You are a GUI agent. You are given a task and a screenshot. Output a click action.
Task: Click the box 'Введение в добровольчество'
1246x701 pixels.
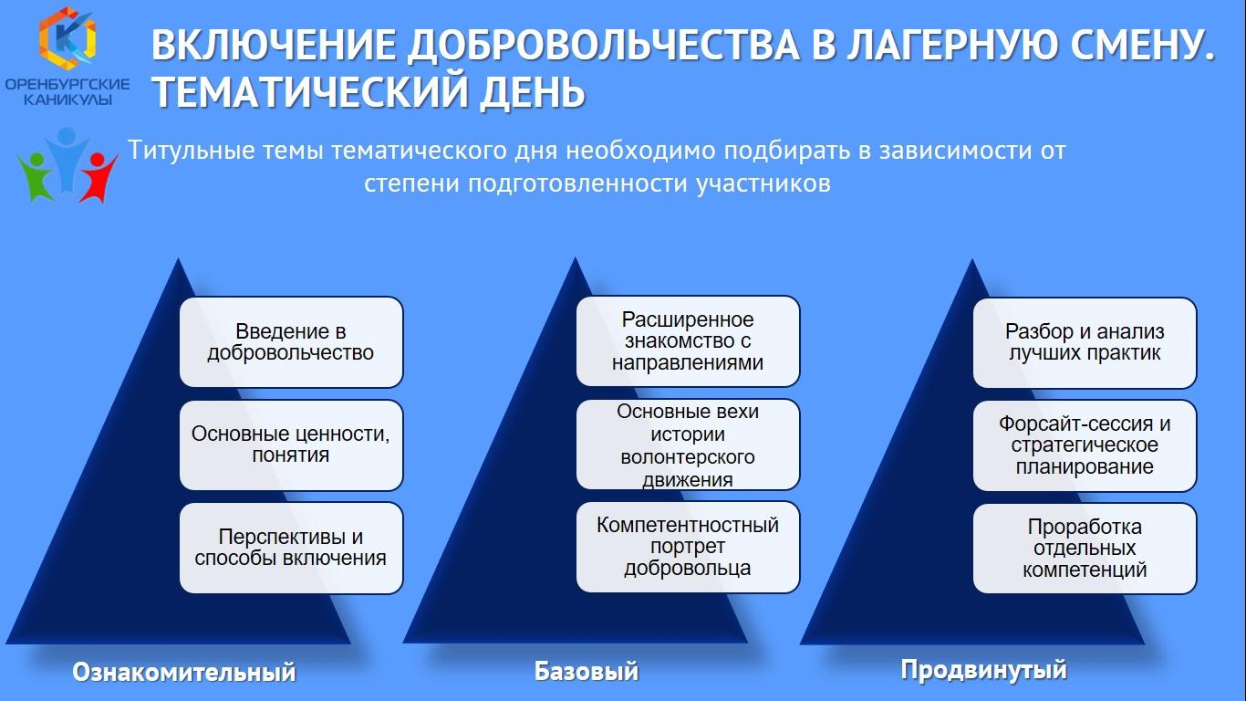pos(291,342)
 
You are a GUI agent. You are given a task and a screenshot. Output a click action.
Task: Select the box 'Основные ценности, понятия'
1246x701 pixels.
pos(291,445)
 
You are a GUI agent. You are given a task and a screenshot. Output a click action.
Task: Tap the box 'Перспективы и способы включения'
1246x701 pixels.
pos(291,548)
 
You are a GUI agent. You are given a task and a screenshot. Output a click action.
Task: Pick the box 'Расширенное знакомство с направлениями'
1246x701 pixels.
pos(688,340)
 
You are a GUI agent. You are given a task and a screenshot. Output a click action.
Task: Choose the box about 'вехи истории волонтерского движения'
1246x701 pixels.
pos(688,445)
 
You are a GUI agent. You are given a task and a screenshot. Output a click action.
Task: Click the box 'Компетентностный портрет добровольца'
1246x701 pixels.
pos(688,547)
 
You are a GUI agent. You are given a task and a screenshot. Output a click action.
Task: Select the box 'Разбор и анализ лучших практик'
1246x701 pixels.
pos(1085,342)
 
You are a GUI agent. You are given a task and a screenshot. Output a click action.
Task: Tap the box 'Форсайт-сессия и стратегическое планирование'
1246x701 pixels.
pos(1085,445)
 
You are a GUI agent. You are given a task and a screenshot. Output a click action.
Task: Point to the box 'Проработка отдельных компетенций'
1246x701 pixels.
pos(1085,549)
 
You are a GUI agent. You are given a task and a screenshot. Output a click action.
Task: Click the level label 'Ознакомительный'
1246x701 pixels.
pos(184,672)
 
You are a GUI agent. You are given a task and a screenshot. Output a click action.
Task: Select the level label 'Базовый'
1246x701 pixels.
pos(587,670)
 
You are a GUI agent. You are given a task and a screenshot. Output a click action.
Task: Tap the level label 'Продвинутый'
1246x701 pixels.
pos(983,669)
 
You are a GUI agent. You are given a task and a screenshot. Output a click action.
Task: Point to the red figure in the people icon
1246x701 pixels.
pos(98,176)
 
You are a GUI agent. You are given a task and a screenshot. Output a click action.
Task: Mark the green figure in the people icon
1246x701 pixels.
pos(36,176)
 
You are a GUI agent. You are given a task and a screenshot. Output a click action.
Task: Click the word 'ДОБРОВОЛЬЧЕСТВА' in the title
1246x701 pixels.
pos(604,45)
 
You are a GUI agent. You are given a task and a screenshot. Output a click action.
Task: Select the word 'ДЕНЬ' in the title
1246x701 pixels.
pos(533,91)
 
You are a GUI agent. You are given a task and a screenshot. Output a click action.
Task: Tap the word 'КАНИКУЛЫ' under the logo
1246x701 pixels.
pos(67,99)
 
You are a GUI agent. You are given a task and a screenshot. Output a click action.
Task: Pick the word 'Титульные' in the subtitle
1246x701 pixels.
pos(192,151)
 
